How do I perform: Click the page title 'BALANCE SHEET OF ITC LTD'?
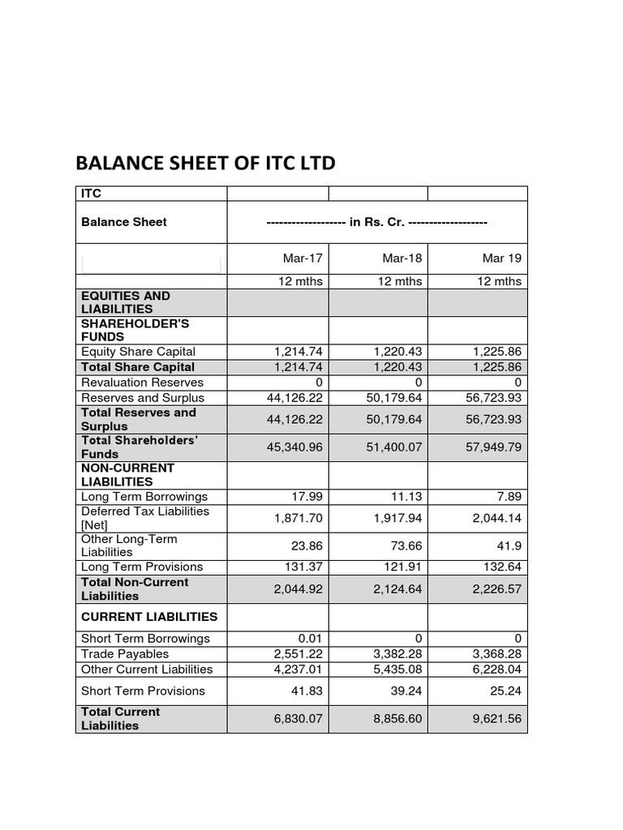tap(204, 164)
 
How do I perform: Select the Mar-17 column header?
tap(303, 259)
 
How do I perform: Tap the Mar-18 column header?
tap(402, 259)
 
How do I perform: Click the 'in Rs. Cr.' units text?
tap(377, 222)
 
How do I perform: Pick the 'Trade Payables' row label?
tap(125, 653)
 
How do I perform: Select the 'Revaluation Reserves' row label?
tap(142, 382)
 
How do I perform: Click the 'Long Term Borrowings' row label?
tap(144, 496)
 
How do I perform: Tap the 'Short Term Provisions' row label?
tap(143, 691)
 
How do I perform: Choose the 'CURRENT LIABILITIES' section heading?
tap(149, 617)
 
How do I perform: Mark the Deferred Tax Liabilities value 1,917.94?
tap(397, 517)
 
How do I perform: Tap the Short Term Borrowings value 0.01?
tap(310, 638)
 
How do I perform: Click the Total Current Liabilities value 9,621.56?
tap(496, 718)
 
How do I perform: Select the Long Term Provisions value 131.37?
tap(304, 567)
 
